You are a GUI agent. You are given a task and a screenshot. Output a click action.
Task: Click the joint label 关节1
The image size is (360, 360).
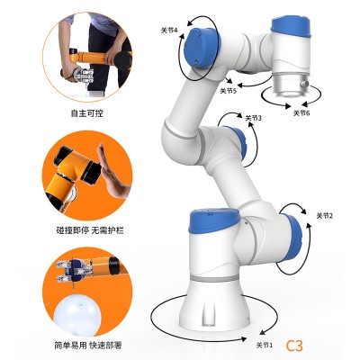(x=265, y=345)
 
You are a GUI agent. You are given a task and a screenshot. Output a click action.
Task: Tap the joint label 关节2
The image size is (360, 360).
(x=325, y=216)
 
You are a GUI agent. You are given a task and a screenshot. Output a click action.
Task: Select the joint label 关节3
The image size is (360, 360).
(x=254, y=118)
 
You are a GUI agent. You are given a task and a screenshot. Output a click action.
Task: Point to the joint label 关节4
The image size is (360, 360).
(x=169, y=31)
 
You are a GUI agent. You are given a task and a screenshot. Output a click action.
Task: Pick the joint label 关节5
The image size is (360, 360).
(x=229, y=91)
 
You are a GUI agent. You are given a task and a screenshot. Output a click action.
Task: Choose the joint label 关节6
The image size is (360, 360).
(x=301, y=113)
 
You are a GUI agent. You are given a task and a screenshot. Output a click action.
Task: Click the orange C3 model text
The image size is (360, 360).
(x=294, y=346)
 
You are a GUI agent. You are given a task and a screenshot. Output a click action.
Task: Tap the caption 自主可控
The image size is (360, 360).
(x=87, y=113)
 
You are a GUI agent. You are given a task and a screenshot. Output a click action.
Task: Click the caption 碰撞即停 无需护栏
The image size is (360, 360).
(x=90, y=230)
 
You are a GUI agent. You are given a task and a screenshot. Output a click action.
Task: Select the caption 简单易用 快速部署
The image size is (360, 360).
(x=88, y=346)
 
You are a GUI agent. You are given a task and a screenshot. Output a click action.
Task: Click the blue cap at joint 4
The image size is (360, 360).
(x=201, y=48)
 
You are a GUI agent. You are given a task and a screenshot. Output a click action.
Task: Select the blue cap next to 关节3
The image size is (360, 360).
(x=238, y=145)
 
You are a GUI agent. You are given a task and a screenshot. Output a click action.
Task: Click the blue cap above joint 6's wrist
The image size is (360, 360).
(x=291, y=28)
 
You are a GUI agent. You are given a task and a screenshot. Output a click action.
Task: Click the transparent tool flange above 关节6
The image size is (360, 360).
(x=291, y=85)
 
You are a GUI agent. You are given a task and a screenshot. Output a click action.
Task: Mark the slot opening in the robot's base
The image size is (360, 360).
(x=209, y=312)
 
